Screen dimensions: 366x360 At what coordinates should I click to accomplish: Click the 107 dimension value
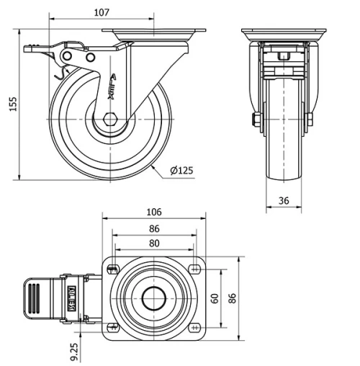pyautogui.click(x=102, y=12)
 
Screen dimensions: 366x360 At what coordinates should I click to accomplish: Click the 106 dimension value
pyautogui.click(x=154, y=212)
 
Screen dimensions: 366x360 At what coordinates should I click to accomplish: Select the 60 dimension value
pyautogui.click(x=215, y=298)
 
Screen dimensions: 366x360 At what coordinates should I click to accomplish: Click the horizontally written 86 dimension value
pyautogui.click(x=154, y=228)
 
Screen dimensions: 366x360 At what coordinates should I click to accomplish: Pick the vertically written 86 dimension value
pyautogui.click(x=232, y=298)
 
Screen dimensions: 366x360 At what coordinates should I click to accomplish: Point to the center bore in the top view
pyautogui.click(x=154, y=298)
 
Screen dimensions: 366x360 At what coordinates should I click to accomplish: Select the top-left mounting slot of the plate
pyautogui.click(x=113, y=269)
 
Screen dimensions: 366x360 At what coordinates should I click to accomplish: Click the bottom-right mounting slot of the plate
pyautogui.click(x=194, y=327)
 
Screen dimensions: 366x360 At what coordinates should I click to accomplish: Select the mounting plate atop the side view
pyautogui.click(x=154, y=33)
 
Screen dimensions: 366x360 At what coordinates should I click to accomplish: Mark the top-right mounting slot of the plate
pyautogui.click(x=194, y=269)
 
